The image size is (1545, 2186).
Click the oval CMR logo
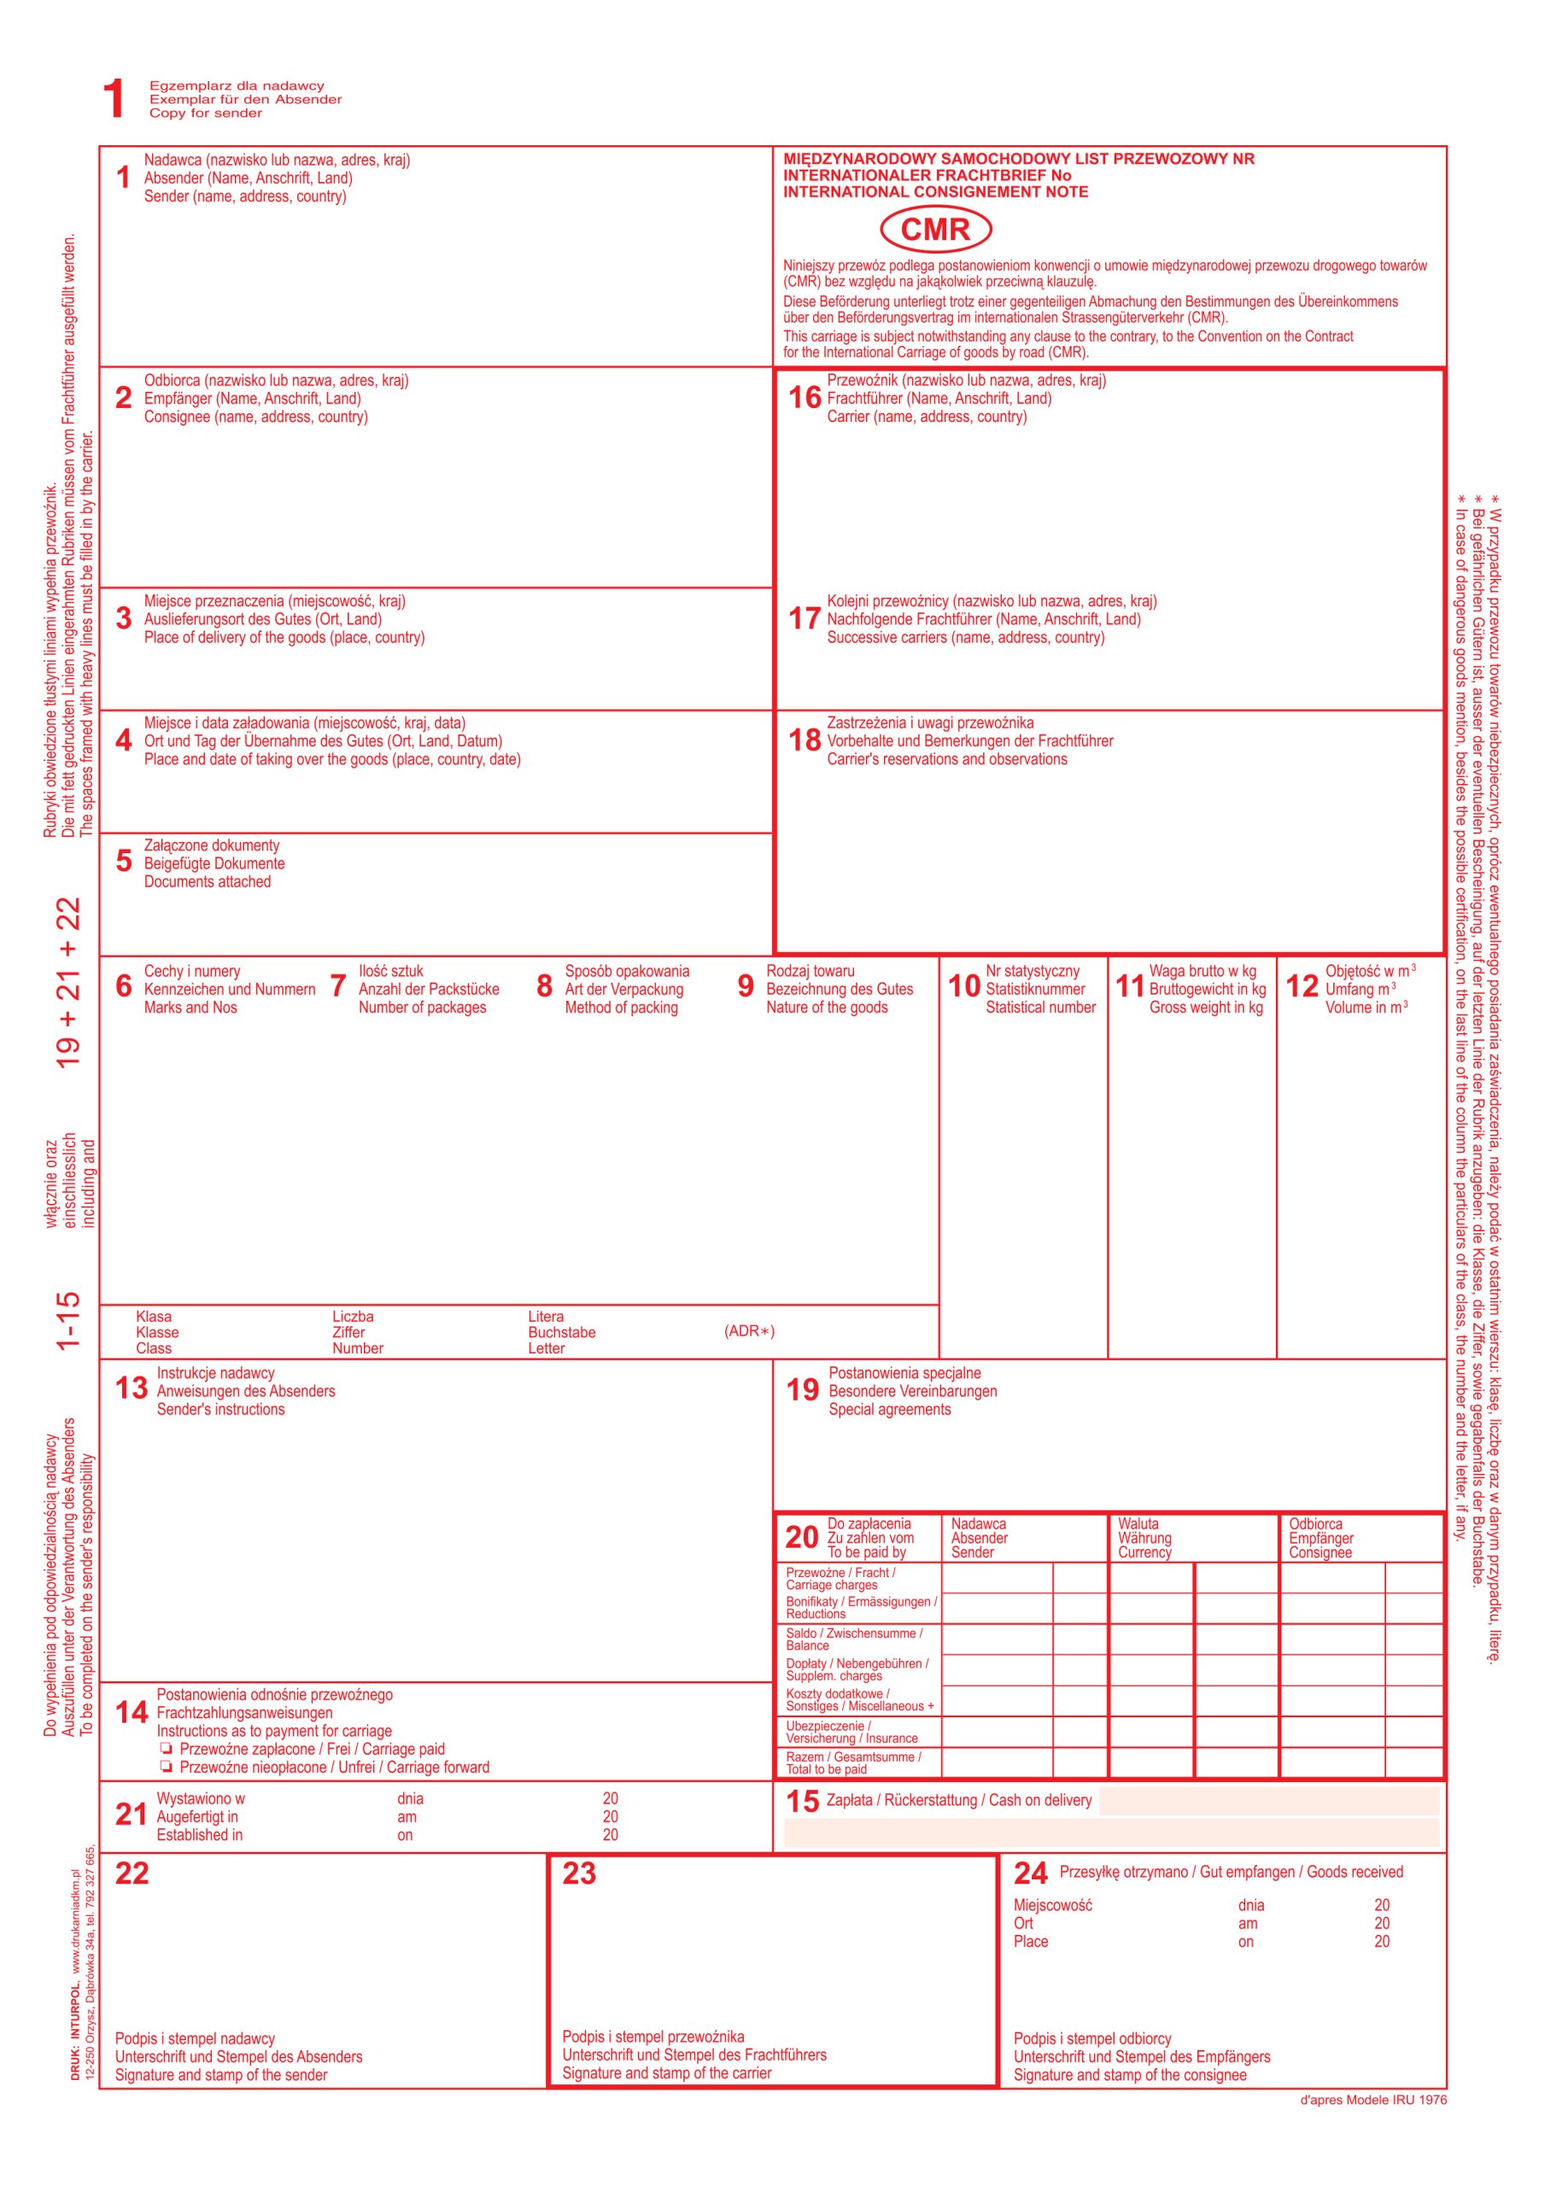[x=934, y=230]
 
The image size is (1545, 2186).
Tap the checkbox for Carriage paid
[x=166, y=1748]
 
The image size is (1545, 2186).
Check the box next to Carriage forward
[x=166, y=1766]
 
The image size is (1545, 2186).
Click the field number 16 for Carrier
[x=804, y=397]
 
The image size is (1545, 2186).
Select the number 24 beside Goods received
[x=1030, y=1873]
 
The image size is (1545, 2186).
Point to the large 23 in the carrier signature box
[x=578, y=1873]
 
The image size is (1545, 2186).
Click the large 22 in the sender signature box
[x=132, y=1873]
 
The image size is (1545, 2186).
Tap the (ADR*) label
[x=749, y=1330]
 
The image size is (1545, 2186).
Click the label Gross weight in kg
[x=1205, y=1008]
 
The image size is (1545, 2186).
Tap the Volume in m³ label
[x=1365, y=1008]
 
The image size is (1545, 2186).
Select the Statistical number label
[x=1040, y=1008]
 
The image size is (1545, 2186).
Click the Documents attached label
[x=207, y=881]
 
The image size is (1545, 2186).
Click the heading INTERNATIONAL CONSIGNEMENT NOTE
[x=935, y=191]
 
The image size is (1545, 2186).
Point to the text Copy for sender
[x=205, y=114]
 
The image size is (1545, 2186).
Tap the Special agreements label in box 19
[x=889, y=1409]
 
